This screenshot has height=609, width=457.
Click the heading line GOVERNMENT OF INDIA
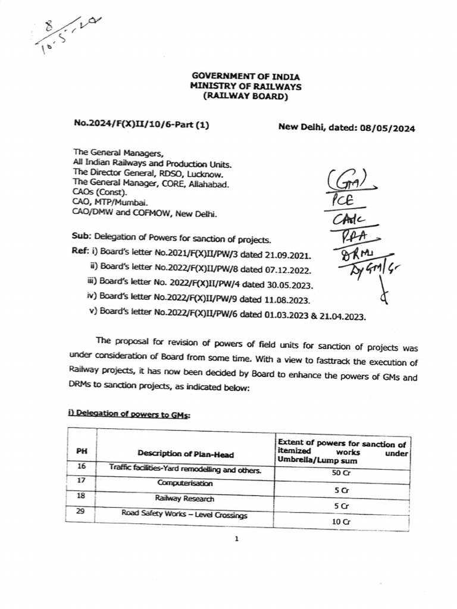245,77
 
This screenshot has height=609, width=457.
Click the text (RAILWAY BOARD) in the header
245,96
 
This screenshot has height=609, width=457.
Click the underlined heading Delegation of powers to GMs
130,415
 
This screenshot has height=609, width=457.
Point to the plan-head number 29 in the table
82,511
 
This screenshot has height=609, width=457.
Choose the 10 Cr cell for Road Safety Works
342,520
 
